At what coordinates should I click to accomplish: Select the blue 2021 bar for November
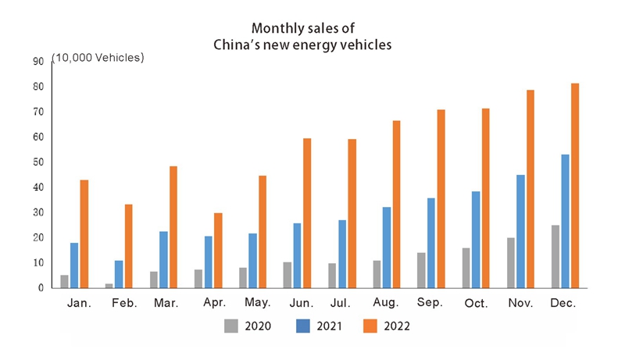(520, 231)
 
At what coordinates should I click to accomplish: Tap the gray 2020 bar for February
(109, 285)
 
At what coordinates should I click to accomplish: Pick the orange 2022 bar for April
(218, 250)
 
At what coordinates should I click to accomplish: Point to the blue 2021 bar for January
(74, 266)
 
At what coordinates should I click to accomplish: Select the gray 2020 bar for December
(555, 256)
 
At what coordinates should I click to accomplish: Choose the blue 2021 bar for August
(387, 248)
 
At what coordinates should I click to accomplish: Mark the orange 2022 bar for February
(129, 246)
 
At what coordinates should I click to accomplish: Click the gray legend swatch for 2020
(230, 326)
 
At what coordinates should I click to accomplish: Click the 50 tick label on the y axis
(37, 162)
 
